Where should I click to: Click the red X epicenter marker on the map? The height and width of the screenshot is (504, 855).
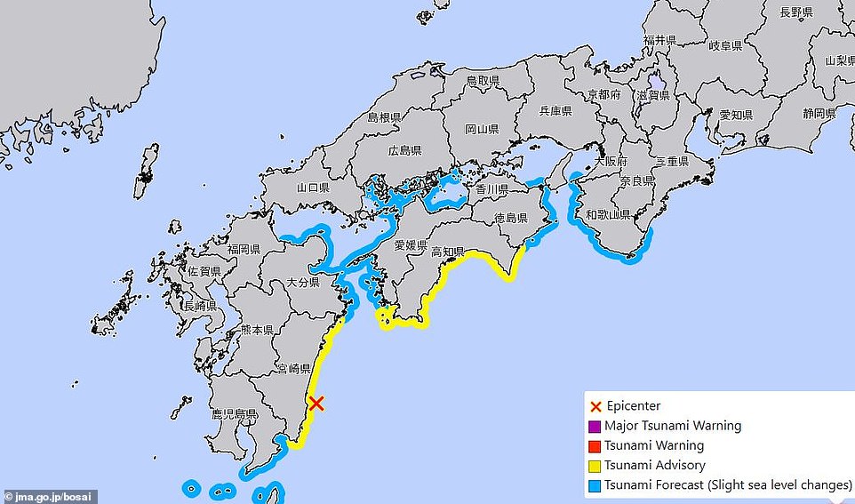[316, 403]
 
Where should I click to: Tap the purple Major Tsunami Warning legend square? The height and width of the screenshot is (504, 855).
[595, 426]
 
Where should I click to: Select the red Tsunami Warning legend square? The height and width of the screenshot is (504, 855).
[595, 445]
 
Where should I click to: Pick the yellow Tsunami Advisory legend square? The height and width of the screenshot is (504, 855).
[595, 465]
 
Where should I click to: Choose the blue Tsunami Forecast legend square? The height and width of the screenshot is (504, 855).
[595, 485]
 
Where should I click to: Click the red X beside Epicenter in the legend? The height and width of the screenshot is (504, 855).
[595, 406]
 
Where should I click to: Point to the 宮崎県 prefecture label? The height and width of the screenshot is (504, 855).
[294, 368]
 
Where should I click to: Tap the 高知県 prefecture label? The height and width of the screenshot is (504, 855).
[447, 252]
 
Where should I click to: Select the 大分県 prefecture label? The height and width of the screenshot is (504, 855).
[303, 283]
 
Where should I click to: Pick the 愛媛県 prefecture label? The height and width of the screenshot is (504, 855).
[412, 244]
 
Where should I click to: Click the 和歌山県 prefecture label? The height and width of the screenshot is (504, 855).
[608, 215]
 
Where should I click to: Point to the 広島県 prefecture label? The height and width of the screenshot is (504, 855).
[404, 149]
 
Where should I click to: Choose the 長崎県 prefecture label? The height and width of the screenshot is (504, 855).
[200, 307]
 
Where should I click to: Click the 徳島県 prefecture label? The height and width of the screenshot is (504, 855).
[511, 219]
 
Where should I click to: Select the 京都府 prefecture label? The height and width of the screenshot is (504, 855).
[604, 94]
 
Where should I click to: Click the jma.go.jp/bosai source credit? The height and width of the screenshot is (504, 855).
[49, 496]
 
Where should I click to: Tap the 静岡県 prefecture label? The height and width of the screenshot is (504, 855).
[819, 114]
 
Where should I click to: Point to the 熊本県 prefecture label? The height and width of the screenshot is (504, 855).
[257, 330]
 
